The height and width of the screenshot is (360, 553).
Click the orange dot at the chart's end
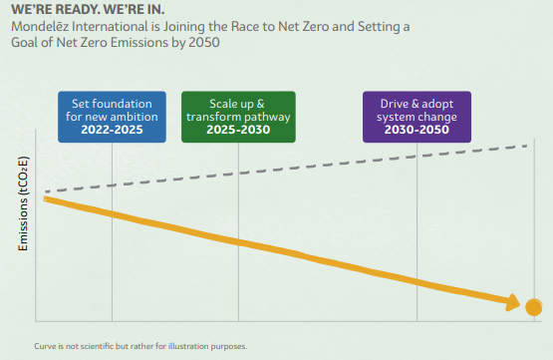click(534, 307)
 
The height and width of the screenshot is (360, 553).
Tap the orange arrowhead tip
click(520, 304)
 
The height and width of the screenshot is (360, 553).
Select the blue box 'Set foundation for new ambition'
click(112, 117)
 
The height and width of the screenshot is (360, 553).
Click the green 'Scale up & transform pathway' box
click(238, 117)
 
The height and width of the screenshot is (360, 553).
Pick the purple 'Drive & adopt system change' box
click(416, 117)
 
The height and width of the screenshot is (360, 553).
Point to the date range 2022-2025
click(112, 130)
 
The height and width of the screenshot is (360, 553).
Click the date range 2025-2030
click(238, 130)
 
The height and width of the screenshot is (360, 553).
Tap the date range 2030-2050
click(416, 130)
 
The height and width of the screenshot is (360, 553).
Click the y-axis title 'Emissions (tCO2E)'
click(23, 203)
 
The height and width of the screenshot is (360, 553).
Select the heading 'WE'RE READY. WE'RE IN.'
click(88, 10)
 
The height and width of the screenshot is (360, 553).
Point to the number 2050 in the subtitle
click(204, 42)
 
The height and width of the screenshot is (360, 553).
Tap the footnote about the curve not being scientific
click(140, 346)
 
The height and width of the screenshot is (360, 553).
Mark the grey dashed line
click(286, 169)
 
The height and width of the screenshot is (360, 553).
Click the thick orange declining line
click(281, 250)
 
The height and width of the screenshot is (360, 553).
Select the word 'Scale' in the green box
click(221, 104)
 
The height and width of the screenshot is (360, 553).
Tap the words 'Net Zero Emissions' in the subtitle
click(113, 42)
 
